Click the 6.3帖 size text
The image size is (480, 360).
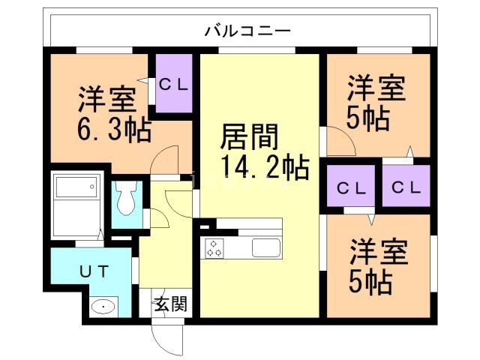[114, 129]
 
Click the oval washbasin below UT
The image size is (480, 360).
[103, 306]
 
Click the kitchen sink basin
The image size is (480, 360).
[265, 247]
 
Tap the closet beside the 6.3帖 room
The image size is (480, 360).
[176, 84]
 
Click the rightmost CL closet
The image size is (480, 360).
[405, 187]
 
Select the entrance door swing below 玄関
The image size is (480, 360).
[166, 337]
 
